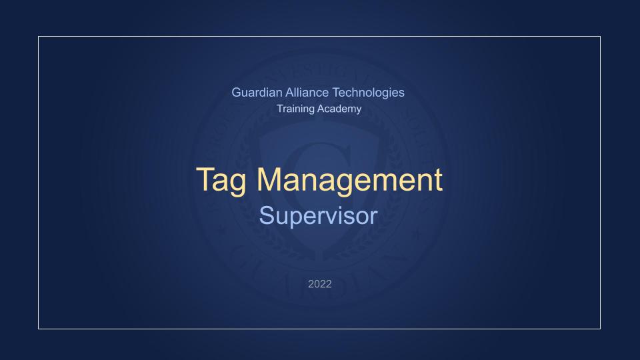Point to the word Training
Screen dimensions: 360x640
pos(295,109)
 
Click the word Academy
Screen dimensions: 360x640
pos(340,109)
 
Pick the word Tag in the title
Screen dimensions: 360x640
pos(223,181)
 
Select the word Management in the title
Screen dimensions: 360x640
pos(349,179)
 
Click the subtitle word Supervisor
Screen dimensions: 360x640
pos(319,216)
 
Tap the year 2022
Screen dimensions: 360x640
pos(319,284)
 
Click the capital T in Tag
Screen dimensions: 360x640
pos(205,179)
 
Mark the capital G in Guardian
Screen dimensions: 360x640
pos(237,93)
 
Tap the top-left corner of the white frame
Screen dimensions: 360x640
pos(39,37)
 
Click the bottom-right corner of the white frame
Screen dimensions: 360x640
pos(600,329)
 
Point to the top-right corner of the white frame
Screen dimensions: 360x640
pos(600,37)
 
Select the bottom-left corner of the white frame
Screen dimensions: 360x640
pos(39,329)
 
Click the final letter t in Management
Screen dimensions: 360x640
pos(437,180)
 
